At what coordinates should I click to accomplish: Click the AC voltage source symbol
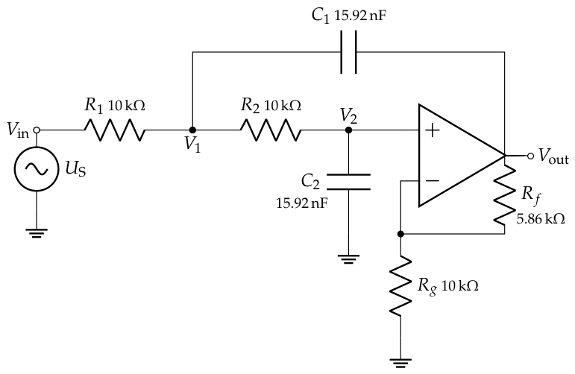tap(37, 169)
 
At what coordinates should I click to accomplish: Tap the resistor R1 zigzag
tap(114, 130)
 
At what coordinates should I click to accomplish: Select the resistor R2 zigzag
tap(271, 130)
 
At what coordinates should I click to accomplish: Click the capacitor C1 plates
tap(348, 52)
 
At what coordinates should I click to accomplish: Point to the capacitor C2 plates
tap(348, 182)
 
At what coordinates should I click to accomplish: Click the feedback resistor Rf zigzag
tap(505, 195)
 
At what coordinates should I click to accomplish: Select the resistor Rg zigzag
tap(400, 285)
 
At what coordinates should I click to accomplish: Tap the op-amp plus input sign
tap(433, 130)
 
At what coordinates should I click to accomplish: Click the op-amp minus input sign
tap(433, 180)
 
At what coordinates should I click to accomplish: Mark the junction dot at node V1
tap(192, 130)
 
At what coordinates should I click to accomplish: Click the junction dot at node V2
tap(348, 130)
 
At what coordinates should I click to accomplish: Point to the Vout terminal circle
tap(530, 156)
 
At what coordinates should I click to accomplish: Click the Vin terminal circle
tap(37, 130)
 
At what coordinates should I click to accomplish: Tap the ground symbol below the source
tap(37, 233)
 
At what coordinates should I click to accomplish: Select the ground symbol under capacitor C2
tap(348, 259)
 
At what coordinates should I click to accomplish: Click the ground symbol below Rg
tap(400, 363)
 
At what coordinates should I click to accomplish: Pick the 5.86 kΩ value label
tap(541, 219)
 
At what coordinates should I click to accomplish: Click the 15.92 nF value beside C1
tap(359, 16)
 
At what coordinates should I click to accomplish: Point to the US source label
tap(75, 169)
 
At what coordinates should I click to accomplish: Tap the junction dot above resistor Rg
tap(400, 234)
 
